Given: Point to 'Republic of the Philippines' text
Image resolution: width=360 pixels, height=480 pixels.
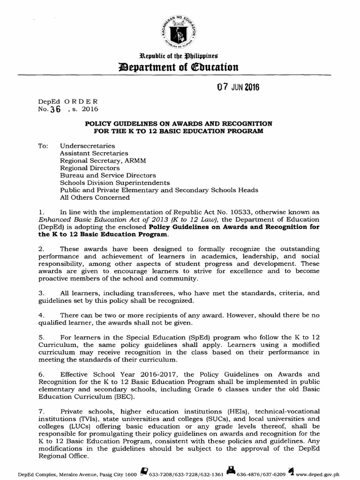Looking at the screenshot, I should (180, 55).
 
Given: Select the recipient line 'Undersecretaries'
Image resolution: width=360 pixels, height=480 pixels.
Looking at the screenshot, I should (86, 146).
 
